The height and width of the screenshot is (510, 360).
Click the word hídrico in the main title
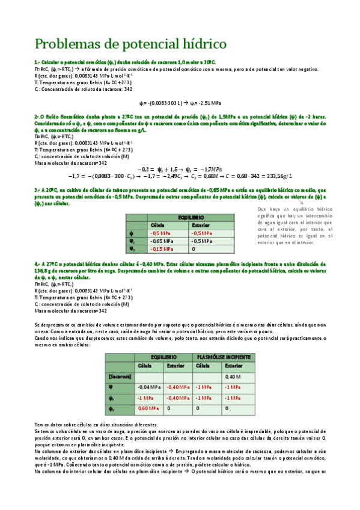coord(198,44)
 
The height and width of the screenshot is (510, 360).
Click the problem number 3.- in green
coord(38,189)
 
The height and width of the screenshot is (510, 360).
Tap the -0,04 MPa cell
coord(148,387)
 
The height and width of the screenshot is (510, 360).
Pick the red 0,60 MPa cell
coord(148,409)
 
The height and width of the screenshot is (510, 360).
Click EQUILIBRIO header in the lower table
coord(164,357)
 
